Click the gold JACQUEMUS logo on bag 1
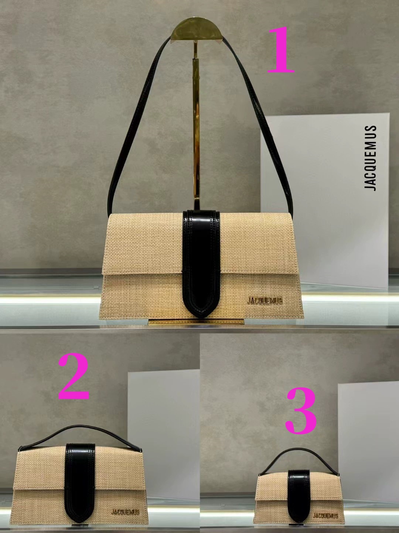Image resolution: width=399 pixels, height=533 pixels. pos(265,300)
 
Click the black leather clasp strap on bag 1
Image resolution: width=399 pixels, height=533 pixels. pos(202,264)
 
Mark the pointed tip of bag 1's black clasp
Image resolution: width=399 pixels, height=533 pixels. pos(202,317)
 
